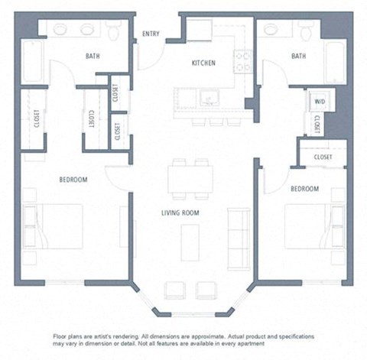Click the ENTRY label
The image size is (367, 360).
coord(151,33)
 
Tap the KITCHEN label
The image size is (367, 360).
coord(203,63)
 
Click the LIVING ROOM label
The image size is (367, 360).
coord(180,212)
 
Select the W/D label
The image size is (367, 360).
coord(318,100)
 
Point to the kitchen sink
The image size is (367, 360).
coord(206,98)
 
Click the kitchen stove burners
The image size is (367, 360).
coord(243,60)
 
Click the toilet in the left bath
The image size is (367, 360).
coord(114,31)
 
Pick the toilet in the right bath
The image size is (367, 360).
coord(307,31)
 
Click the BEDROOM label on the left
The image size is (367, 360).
coord(73,180)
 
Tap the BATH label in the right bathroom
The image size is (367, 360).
coord(299,56)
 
